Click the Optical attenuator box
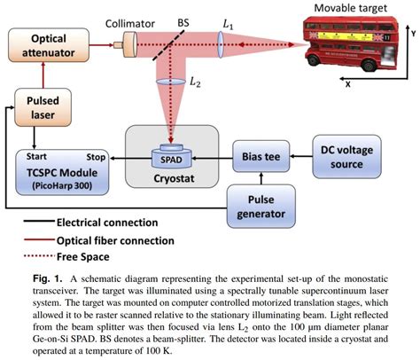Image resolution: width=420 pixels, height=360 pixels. pyautogui.click(x=37, y=47)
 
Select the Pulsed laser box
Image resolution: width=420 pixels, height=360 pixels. pyautogui.click(x=33, y=113)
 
